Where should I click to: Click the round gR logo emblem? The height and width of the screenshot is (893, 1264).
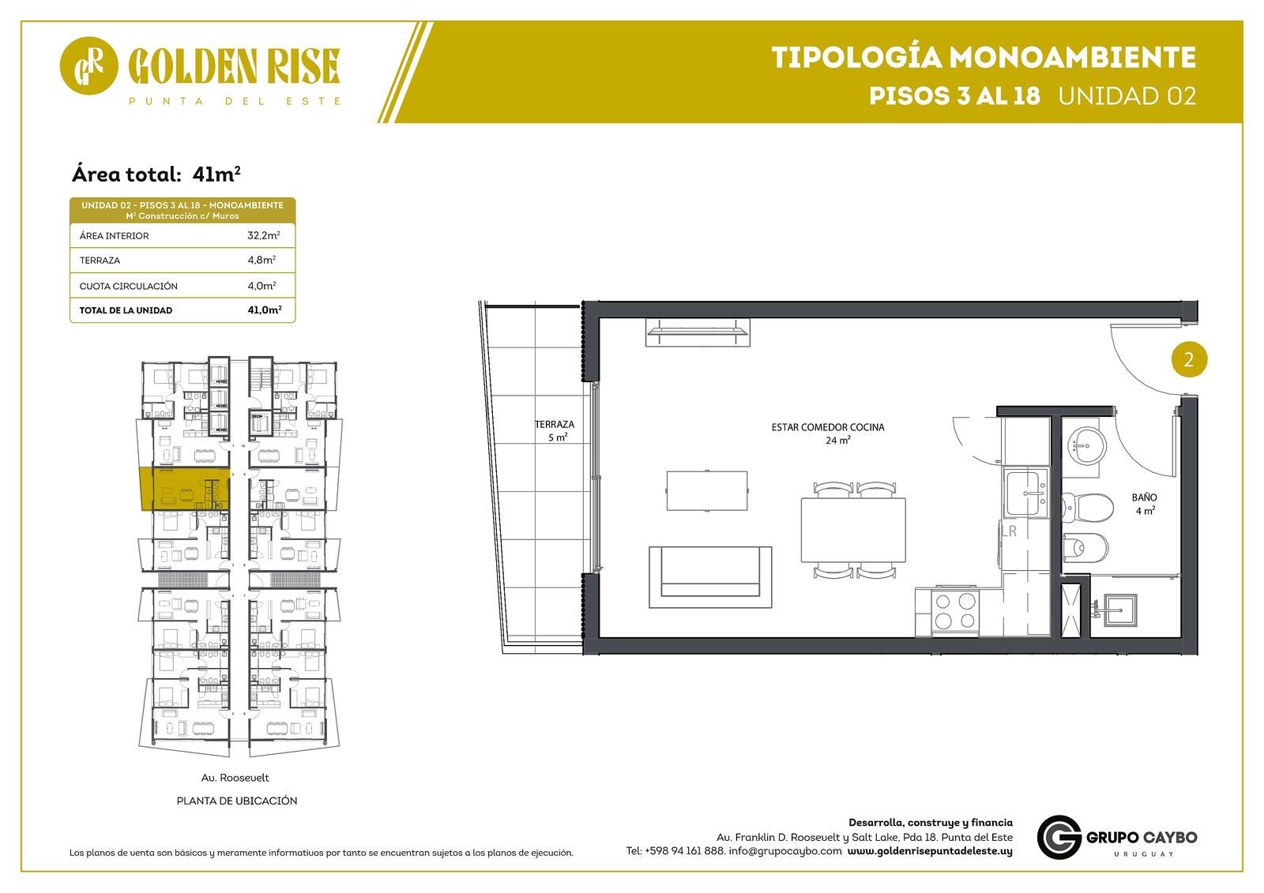click(88, 66)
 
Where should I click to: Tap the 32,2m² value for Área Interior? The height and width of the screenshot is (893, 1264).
click(264, 235)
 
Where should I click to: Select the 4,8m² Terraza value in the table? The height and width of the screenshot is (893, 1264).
click(261, 260)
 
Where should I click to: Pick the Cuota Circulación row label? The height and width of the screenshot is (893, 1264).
click(128, 286)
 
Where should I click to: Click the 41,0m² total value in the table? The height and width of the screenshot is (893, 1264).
click(264, 310)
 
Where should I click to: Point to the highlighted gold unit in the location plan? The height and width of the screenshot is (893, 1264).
click(185, 489)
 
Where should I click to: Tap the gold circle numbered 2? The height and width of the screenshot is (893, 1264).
click(1189, 359)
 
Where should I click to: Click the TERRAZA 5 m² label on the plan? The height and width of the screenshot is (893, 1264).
click(555, 430)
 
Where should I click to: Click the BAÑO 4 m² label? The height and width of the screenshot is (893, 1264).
click(1145, 504)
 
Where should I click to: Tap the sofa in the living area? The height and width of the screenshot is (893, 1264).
click(710, 576)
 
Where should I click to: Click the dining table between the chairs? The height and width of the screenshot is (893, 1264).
click(853, 530)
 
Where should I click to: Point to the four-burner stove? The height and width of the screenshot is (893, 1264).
click(955, 611)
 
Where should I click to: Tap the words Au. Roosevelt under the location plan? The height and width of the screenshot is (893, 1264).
click(235, 778)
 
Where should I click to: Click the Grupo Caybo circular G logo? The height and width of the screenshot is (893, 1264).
click(1059, 837)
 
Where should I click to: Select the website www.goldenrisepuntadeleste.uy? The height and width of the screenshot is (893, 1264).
click(930, 850)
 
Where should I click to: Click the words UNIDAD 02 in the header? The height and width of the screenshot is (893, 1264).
click(1127, 96)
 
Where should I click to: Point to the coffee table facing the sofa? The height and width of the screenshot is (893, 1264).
click(707, 490)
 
